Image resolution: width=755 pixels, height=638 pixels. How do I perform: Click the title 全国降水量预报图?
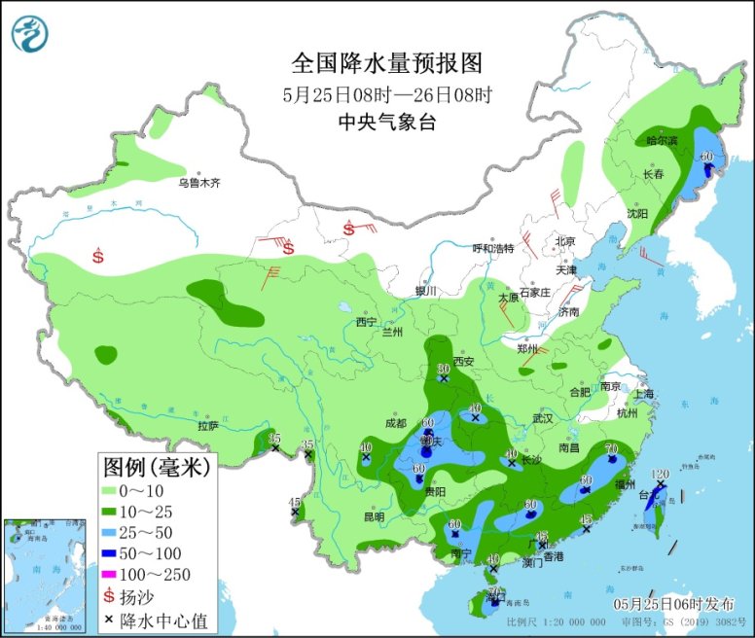click(x=387, y=63)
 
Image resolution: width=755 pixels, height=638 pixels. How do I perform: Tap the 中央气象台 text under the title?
click(x=387, y=122)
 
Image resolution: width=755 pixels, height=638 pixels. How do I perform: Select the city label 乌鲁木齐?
click(x=199, y=182)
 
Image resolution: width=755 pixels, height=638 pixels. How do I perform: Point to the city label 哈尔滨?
click(x=662, y=140)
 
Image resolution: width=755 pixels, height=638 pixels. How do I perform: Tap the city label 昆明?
click(x=374, y=516)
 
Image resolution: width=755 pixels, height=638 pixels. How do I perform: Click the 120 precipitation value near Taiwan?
click(x=660, y=474)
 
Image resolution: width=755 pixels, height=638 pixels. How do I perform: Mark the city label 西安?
click(x=461, y=362)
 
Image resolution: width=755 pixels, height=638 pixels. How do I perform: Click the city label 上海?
click(x=643, y=394)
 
